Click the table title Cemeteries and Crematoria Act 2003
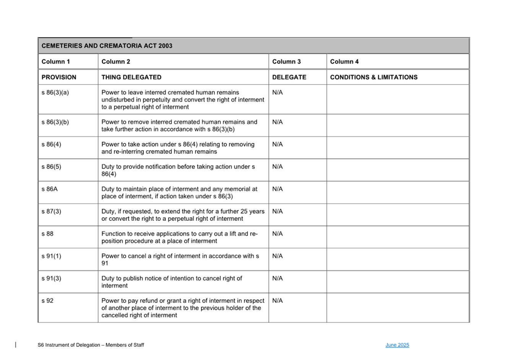(x=107, y=46)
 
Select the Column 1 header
(x=56, y=62)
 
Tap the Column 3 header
(x=286, y=62)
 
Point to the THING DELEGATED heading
(x=131, y=77)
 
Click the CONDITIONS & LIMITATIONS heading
(x=374, y=77)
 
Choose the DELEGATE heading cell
(x=289, y=77)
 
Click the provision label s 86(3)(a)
(x=55, y=93)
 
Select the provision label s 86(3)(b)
(x=55, y=122)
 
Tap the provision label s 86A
(x=50, y=189)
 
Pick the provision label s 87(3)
(x=51, y=212)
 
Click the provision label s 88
(x=47, y=234)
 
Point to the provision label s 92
(x=47, y=301)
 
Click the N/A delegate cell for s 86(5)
(x=278, y=167)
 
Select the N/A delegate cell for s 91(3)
(x=278, y=279)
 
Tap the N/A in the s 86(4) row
(x=278, y=145)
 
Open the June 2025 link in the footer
(x=397, y=345)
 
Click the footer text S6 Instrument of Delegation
(x=91, y=345)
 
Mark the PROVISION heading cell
(x=59, y=77)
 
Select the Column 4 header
(x=344, y=62)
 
